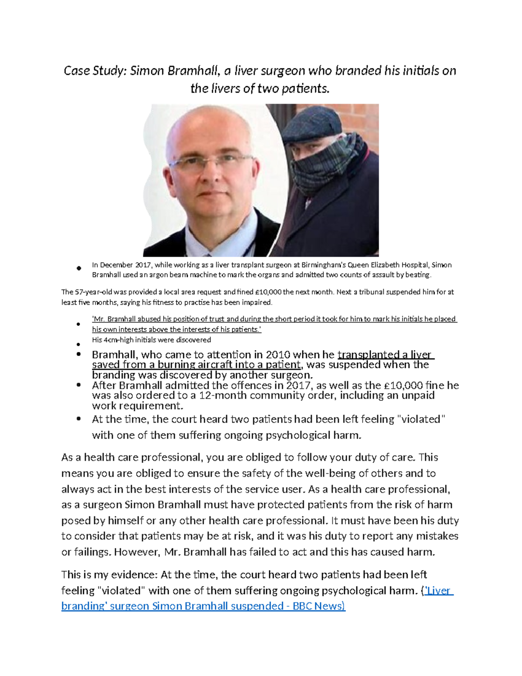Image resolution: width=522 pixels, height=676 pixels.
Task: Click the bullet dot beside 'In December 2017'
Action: tap(79, 268)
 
